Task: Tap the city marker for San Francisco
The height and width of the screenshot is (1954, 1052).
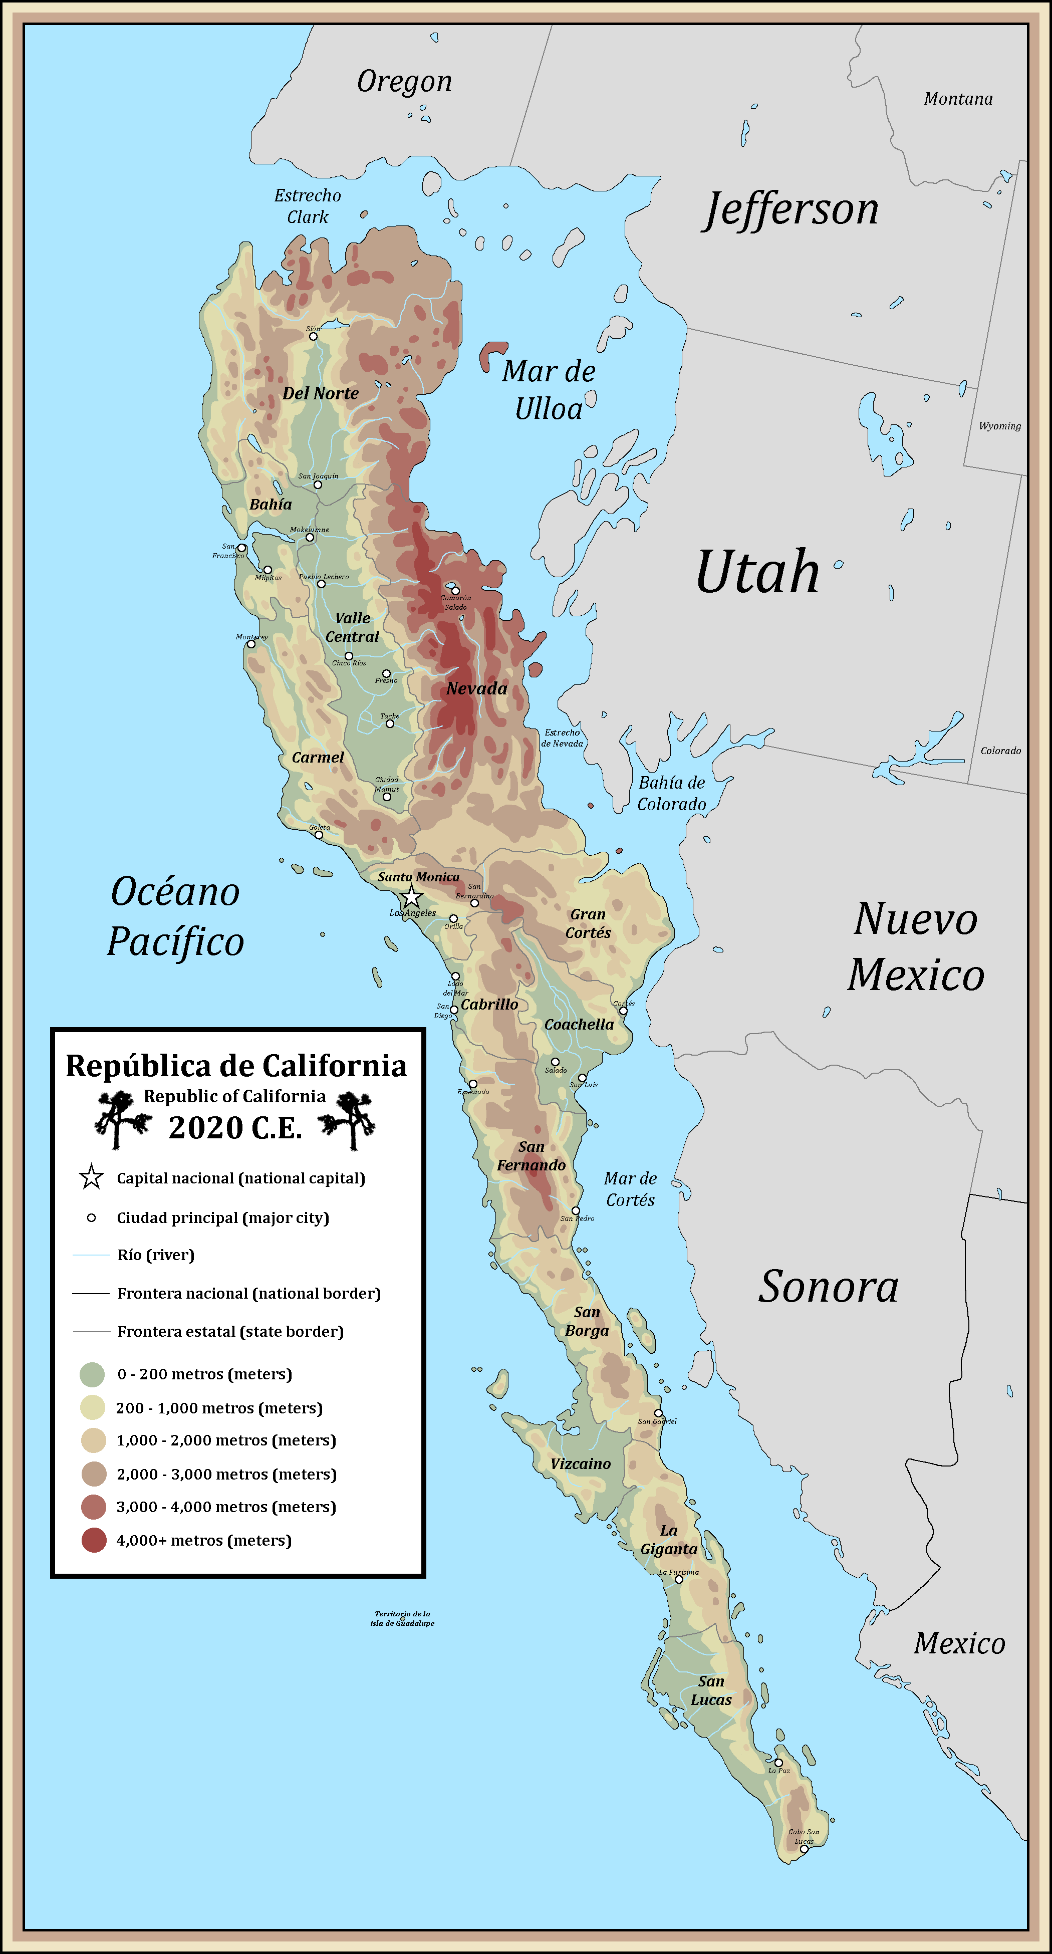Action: [x=241, y=548]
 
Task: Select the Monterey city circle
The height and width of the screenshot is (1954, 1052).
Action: [x=251, y=644]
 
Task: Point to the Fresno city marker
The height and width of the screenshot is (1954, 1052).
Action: [x=386, y=673]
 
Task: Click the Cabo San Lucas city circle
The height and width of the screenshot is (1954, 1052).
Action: [x=804, y=1849]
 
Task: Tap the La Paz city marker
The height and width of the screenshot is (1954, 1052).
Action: [x=778, y=1763]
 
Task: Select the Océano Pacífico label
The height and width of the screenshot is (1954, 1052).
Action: [x=175, y=916]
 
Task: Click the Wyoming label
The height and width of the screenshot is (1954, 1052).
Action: [x=1000, y=426]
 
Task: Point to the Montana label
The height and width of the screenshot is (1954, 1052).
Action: [x=958, y=99]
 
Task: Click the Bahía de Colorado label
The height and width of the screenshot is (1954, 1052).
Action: [x=671, y=794]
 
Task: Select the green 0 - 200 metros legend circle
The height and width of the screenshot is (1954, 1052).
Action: [x=92, y=1374]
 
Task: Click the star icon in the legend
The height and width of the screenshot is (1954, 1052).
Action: [x=91, y=1178]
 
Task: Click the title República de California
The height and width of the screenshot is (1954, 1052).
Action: [x=236, y=1066]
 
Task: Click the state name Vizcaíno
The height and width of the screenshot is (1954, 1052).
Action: [x=580, y=1464]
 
